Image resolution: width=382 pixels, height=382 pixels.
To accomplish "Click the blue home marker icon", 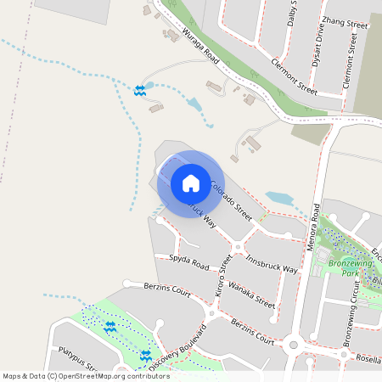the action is [x=191, y=183].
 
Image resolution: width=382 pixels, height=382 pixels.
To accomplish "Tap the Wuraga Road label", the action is [x=201, y=48].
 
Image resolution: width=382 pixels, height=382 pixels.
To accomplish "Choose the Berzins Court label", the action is [x=167, y=289].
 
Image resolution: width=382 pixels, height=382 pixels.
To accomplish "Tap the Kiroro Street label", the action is [x=224, y=279].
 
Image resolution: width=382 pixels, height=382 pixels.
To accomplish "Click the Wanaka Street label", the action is [x=252, y=295].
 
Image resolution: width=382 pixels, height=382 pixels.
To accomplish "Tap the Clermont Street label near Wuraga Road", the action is [x=293, y=76].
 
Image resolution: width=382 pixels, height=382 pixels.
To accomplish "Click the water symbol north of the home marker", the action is [x=138, y=89].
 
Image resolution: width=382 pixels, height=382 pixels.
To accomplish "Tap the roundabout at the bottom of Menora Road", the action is [x=293, y=345].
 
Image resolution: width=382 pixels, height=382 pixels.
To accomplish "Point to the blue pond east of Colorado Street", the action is [x=278, y=199].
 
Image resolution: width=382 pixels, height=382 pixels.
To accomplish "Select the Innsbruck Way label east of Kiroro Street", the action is [x=272, y=262].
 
